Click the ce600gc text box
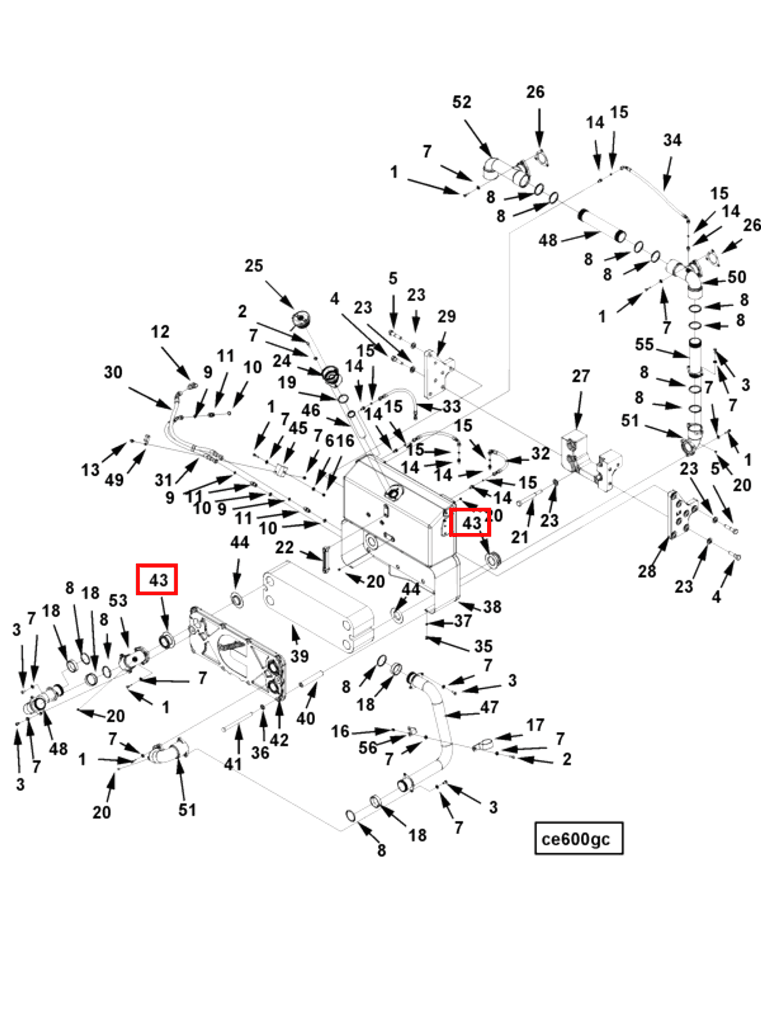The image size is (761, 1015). pyautogui.click(x=578, y=839)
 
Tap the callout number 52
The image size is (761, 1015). pyautogui.click(x=462, y=102)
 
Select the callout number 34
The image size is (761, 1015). pyautogui.click(x=672, y=140)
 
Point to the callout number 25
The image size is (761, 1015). pyautogui.click(x=254, y=266)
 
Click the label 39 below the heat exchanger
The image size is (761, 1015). pyautogui.click(x=299, y=656)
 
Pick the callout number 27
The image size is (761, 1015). pyautogui.click(x=580, y=376)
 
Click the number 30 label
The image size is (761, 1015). pyautogui.click(x=113, y=372)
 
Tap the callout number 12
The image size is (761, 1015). pyautogui.click(x=159, y=332)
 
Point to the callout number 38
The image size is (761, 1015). pyautogui.click(x=492, y=607)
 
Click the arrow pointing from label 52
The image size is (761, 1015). pyautogui.click(x=478, y=138)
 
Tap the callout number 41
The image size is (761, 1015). pyautogui.click(x=232, y=764)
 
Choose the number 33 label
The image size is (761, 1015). pyautogui.click(x=451, y=406)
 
